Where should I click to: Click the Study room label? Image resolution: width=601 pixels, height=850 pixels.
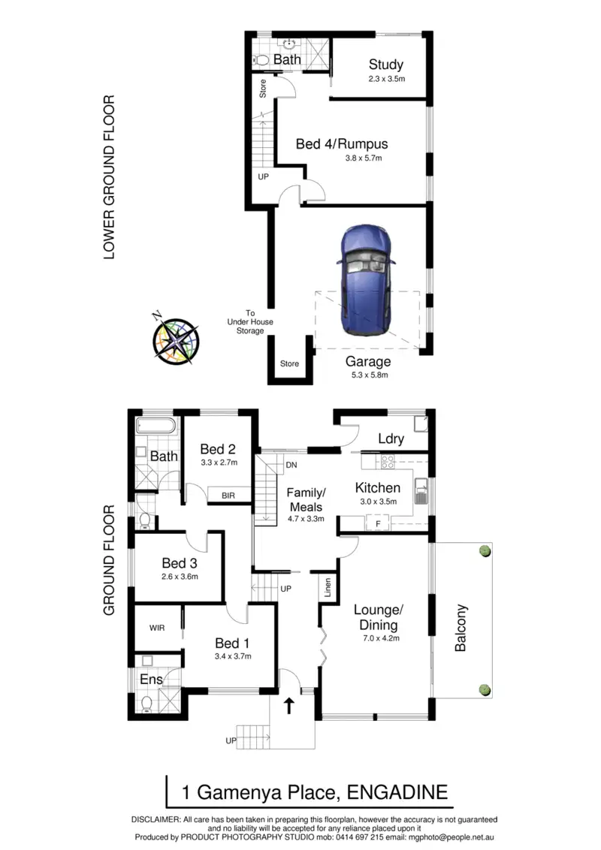click(x=386, y=65)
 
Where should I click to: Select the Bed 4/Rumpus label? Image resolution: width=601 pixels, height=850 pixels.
click(x=342, y=143)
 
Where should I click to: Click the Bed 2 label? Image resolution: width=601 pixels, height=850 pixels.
click(x=218, y=449)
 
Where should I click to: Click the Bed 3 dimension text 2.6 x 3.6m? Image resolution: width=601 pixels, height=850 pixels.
click(x=179, y=577)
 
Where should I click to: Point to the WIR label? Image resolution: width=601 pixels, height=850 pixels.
click(x=158, y=628)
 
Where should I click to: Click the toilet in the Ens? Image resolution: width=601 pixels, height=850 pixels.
click(x=147, y=704)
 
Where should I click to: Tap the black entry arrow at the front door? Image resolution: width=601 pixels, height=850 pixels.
click(x=289, y=706)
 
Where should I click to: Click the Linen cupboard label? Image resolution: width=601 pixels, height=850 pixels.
click(x=328, y=588)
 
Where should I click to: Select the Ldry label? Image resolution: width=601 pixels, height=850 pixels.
click(x=391, y=439)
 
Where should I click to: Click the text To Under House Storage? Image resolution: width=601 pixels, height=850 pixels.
click(x=251, y=322)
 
